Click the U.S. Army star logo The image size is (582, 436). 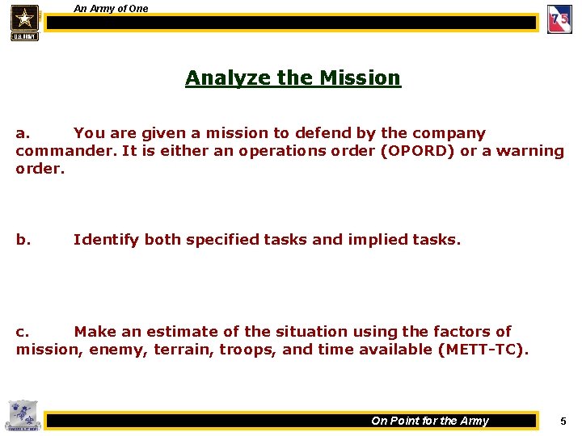click(x=24, y=21)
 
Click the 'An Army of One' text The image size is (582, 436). click(x=111, y=8)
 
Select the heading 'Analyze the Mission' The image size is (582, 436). click(x=293, y=78)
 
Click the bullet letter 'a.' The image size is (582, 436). click(x=23, y=133)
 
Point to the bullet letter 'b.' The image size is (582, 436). click(x=23, y=240)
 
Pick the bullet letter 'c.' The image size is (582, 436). click(x=23, y=332)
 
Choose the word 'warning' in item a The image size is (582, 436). click(x=529, y=151)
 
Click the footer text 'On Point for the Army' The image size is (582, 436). click(x=429, y=421)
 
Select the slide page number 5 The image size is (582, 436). click(x=563, y=421)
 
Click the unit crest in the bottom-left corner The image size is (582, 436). click(x=21, y=416)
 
